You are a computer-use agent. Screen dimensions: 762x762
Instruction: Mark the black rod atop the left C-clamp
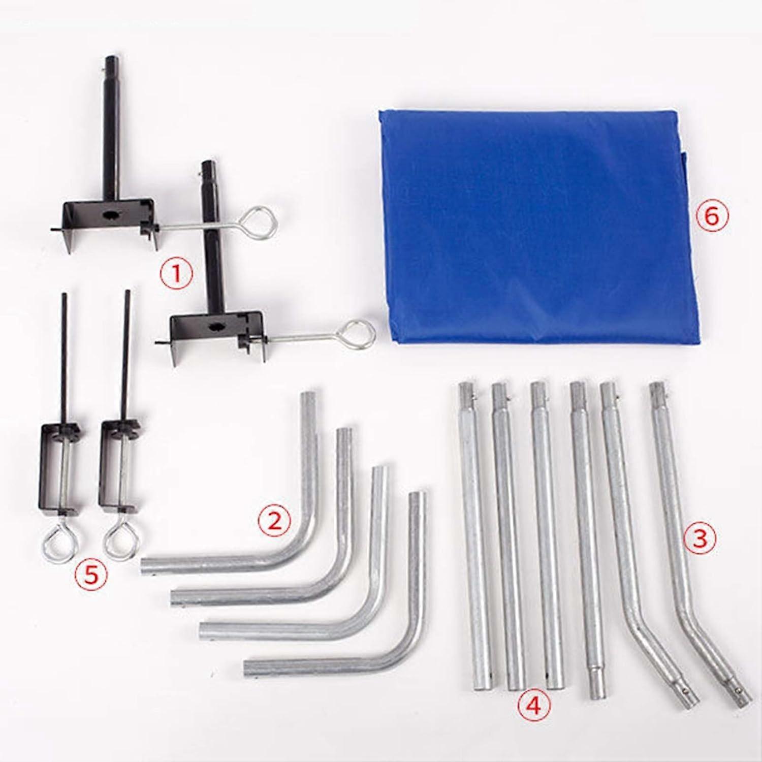pos(65,356)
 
